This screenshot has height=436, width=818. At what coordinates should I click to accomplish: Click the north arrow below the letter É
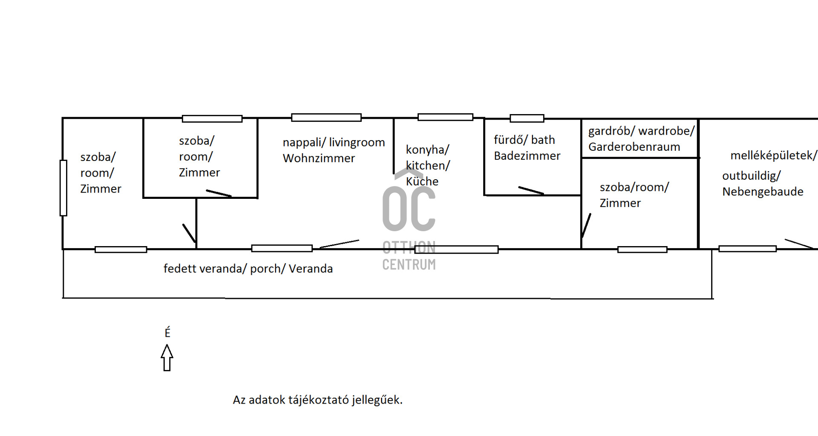click(167, 358)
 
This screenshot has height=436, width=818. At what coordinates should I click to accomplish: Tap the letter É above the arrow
click(167, 332)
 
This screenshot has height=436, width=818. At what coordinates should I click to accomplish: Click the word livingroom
click(357, 142)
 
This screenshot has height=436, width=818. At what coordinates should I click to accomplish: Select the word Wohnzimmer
click(319, 158)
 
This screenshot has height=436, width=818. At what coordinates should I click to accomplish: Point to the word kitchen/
click(428, 166)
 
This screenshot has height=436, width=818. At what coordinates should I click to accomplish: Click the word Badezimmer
click(527, 156)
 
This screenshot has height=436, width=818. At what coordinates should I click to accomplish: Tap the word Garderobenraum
click(634, 147)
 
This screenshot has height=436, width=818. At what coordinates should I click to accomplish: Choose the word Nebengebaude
click(763, 192)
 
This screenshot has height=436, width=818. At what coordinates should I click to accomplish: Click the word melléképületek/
click(774, 155)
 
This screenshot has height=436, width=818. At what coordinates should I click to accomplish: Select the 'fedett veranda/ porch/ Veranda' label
click(248, 269)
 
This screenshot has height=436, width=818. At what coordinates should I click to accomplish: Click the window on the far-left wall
click(63, 188)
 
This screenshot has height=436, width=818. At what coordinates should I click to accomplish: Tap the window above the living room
click(326, 118)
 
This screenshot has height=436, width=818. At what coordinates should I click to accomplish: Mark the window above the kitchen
click(445, 117)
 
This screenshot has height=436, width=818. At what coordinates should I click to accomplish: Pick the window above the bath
click(527, 118)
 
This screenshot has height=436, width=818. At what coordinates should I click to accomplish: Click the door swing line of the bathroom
click(531, 190)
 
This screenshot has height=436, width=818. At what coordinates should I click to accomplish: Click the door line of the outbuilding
click(799, 244)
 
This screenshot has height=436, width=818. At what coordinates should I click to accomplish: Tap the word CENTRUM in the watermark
click(409, 264)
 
